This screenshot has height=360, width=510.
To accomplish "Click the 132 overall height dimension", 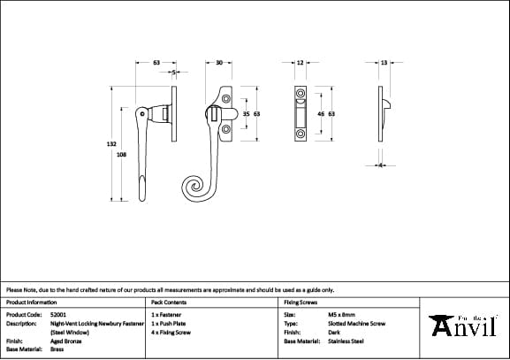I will tap(111, 142).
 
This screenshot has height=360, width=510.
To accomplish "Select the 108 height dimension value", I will tap(121, 154).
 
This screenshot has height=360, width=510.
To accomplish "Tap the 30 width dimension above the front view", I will tap(218, 63).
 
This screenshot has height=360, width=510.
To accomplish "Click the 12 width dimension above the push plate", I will tap(300, 63).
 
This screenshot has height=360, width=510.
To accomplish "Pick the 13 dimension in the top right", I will tap(384, 63).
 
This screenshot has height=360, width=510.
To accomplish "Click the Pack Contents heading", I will tap(169, 303).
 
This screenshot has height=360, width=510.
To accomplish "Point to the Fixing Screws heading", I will tap(301, 303).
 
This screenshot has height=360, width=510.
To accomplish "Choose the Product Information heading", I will tap(31, 303).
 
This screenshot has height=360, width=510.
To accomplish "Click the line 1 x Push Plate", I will tap(169, 323).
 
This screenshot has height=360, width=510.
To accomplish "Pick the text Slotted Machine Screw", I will tap(356, 323).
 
